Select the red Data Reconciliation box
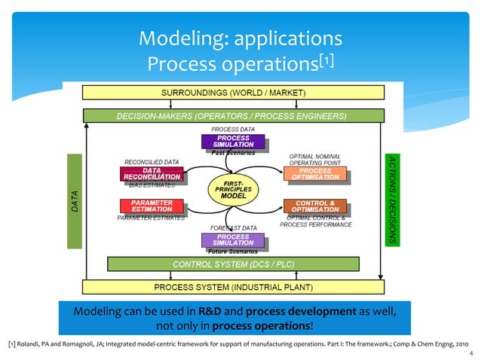coord(150,174)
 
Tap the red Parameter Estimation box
coord(150,206)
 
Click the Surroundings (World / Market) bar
coord(234,92)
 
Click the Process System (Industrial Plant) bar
coord(234,287)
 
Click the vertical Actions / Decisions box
coord(391,200)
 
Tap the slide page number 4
coord(470,352)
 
